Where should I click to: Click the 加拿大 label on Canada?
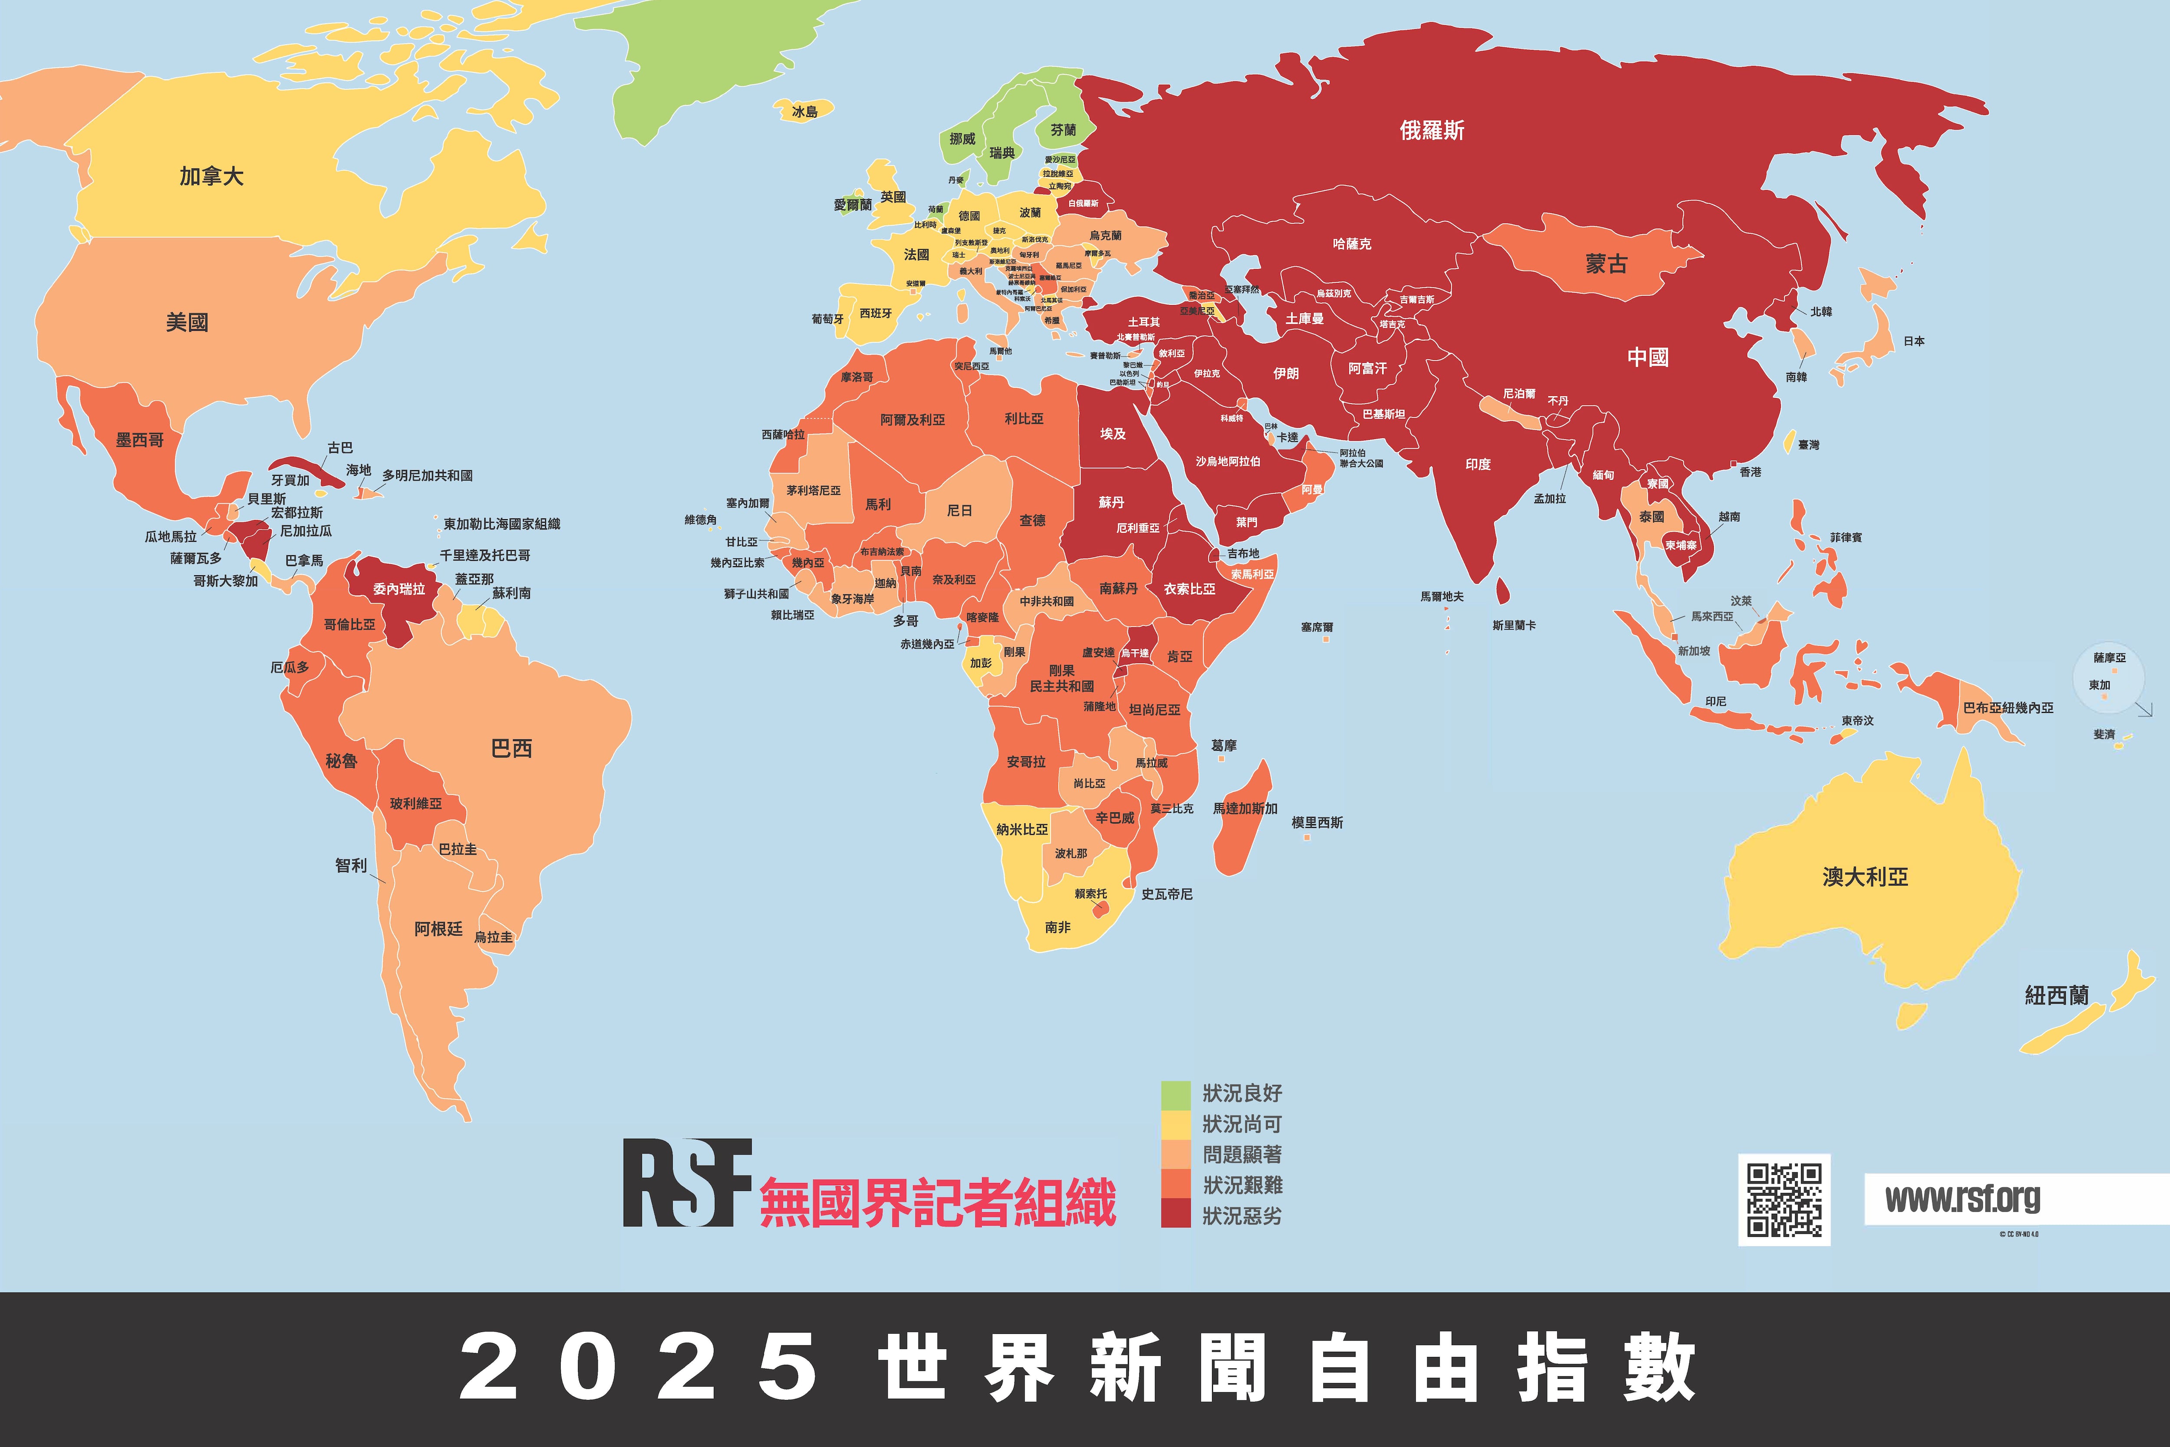coord(211,175)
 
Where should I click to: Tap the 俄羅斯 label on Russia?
coord(1432,130)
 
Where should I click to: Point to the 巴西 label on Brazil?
coord(511,748)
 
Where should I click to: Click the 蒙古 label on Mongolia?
coord(1605,264)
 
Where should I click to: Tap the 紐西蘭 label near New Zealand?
coord(2055,995)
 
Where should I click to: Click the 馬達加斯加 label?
coord(1245,808)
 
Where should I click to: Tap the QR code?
coord(1783,1199)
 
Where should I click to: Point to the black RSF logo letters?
coord(687,1183)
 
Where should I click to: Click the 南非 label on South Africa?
coord(1057,926)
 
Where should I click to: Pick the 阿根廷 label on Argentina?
coord(438,928)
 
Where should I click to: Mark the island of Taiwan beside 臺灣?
coord(1789,441)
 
